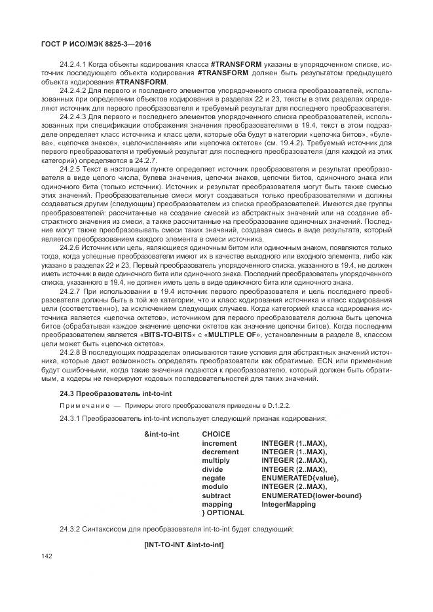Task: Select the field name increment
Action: pyautogui.click(x=219, y=443)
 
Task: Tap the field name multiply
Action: pyautogui.click(x=216, y=460)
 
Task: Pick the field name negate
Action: pyautogui.click(x=214, y=478)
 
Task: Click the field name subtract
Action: pyautogui.click(x=217, y=495)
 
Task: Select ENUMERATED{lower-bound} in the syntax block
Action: pyautogui.click(x=311, y=495)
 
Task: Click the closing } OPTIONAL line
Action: pyautogui.click(x=223, y=513)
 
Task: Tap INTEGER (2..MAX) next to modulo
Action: pyautogui.click(x=294, y=487)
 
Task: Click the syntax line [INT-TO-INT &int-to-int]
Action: pyautogui.click(x=183, y=545)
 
